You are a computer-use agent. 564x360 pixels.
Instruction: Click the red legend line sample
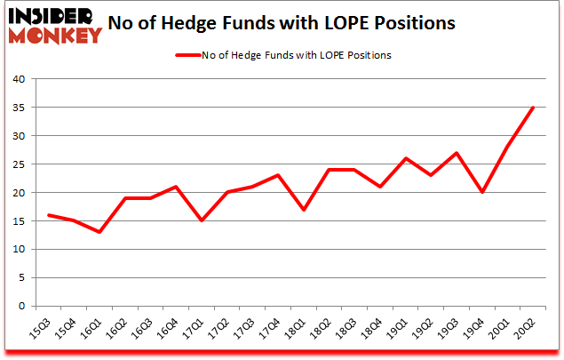189,55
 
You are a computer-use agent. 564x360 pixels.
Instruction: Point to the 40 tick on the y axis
20,79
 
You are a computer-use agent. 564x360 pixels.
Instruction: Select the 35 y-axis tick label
20,108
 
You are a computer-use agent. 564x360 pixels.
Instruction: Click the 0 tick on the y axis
23,306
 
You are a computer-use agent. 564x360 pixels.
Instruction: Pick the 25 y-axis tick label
20,164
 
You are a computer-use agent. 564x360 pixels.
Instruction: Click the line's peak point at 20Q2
532,108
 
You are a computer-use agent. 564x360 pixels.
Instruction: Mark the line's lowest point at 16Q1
99,232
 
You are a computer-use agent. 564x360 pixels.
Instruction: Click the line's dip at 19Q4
481,192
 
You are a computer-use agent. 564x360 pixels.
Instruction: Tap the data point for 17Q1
202,220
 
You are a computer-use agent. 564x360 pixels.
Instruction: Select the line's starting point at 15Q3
49,215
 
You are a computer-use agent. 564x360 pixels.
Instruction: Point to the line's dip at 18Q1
304,210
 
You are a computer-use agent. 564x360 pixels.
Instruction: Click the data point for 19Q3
456,153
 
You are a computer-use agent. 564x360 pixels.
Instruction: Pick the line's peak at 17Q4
278,175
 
